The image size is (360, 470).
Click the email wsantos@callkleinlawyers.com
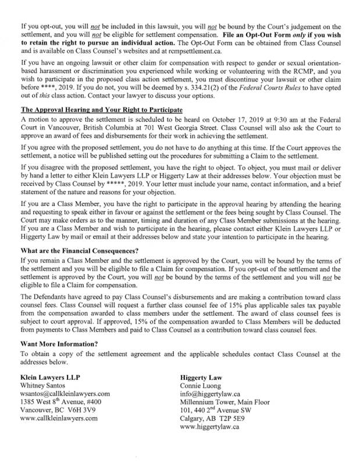pyautogui.click(x=65, y=394)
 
